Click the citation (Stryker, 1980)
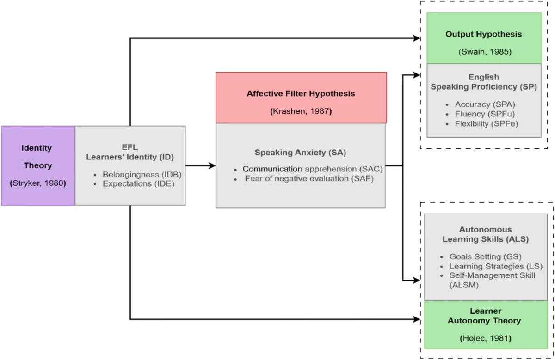pos(38,183)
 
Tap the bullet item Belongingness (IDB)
pos(142,175)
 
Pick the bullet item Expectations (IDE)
pos(138,183)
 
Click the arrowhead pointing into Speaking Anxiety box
pos(212,166)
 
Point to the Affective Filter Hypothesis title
pos(301,93)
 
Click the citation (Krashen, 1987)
pos(301,111)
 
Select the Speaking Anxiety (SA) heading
pos(300,153)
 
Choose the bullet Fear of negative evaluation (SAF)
pos(309,178)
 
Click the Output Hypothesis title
pos(483,34)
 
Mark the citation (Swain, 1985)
pos(485,52)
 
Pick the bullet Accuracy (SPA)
pos(485,104)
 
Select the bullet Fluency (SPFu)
pos(485,114)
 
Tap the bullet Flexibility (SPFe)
pos(486,123)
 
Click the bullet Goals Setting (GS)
pos(481,256)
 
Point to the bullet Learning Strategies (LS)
pos(495,266)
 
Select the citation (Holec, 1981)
pos(485,338)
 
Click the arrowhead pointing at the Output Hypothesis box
pos(417,38)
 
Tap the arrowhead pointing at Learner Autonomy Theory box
pos(417,319)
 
